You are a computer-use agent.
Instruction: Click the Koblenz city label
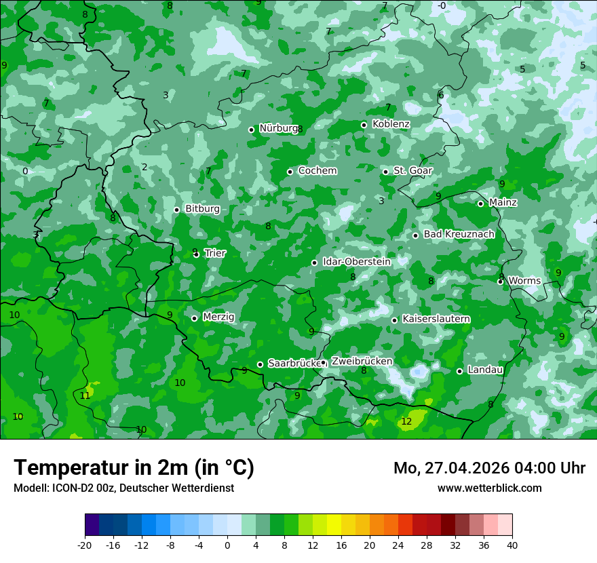tap(391, 124)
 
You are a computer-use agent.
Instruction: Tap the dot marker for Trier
tap(196, 254)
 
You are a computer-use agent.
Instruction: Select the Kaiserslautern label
tap(436, 319)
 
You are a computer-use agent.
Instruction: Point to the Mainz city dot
tap(480, 203)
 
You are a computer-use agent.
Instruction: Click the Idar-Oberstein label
tap(356, 262)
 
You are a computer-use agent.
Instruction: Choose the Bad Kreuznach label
tap(459, 234)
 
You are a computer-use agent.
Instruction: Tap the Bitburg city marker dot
tap(176, 210)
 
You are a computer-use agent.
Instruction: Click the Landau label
tap(485, 370)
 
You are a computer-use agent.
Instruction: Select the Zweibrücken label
tap(362, 362)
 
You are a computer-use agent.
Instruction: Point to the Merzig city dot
tap(194, 318)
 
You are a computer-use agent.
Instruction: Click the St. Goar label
tap(412, 171)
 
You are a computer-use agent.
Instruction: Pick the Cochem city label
tap(317, 171)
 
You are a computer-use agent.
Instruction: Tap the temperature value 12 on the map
tap(406, 421)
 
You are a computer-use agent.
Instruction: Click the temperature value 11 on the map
tap(85, 395)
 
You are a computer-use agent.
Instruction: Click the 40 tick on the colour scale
tap(512, 545)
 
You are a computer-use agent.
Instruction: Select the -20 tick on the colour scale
tap(85, 545)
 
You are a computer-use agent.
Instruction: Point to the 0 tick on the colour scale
tap(227, 545)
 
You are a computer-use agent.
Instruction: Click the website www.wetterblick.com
tap(489, 488)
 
